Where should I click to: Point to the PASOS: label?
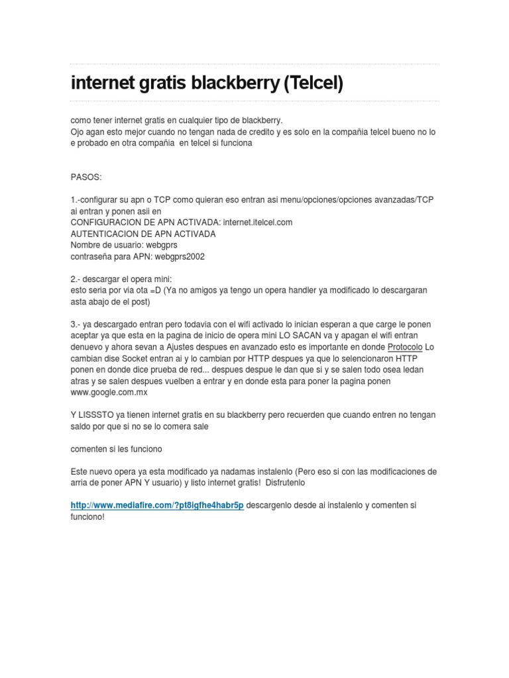85,178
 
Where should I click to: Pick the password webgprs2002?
181,256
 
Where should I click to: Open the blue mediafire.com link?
157,505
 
